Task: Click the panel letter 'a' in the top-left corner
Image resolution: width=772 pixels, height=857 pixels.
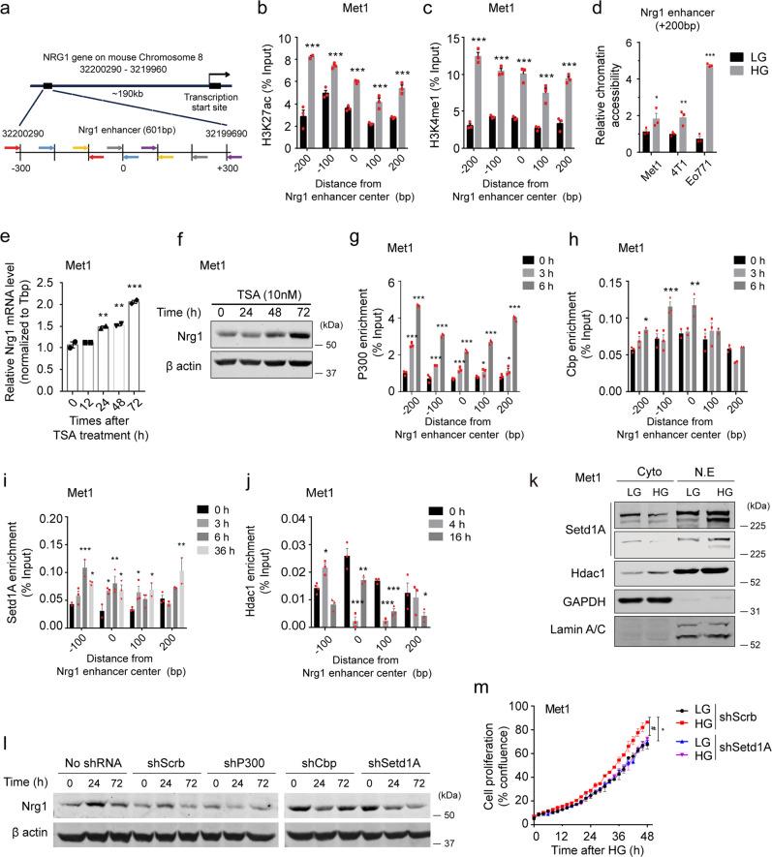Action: coord(8,8)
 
